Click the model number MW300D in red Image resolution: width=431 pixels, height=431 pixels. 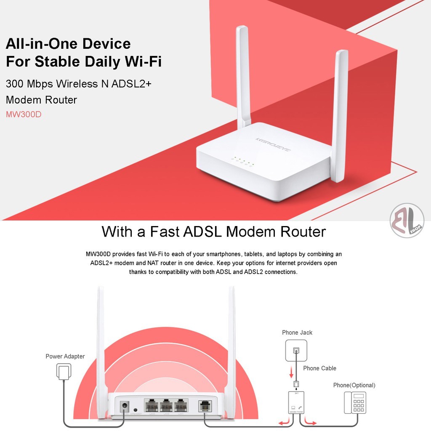tap(24, 114)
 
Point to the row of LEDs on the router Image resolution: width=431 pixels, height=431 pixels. tap(242, 162)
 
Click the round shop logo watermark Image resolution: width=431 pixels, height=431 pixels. tap(407, 221)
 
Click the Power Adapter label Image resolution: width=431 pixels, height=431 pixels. tap(65, 357)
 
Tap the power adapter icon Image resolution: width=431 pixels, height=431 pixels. tap(63, 372)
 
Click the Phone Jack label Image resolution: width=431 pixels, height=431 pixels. tap(297, 333)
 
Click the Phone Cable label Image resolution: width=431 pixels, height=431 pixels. tap(319, 368)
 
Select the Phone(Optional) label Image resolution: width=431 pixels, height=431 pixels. tap(354, 385)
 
